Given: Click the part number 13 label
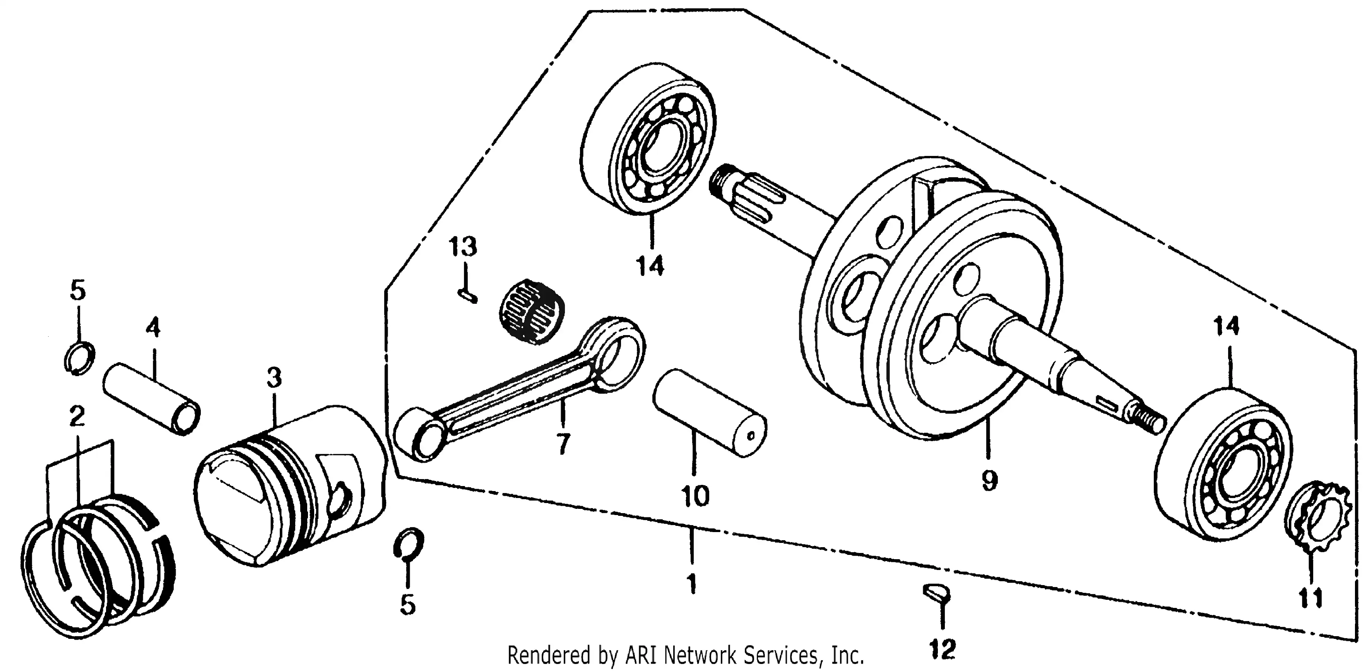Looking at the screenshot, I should pos(462,247).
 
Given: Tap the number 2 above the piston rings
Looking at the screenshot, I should pos(77,416).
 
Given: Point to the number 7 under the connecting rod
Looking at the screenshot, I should pos(563,443).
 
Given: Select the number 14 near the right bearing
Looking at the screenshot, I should pos(1226,326).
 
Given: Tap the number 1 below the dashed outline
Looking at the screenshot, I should pos(691,584).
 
